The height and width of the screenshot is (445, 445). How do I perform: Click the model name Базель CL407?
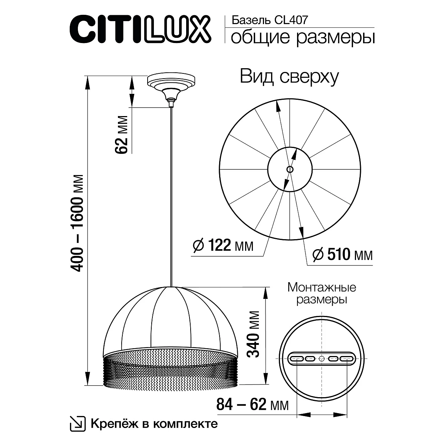pos(269,20)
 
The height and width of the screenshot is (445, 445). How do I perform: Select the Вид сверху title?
pos(290,77)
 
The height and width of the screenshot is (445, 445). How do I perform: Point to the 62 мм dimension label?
pos(122,135)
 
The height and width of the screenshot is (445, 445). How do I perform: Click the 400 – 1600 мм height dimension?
pos(79,222)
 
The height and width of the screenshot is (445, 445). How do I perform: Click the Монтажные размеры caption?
pos(322,293)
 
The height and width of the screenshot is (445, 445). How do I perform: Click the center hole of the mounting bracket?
pos(322,359)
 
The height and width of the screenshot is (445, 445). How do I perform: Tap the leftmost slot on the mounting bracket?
pos(297,359)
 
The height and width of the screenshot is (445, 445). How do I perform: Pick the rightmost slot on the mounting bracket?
pos(346,359)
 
